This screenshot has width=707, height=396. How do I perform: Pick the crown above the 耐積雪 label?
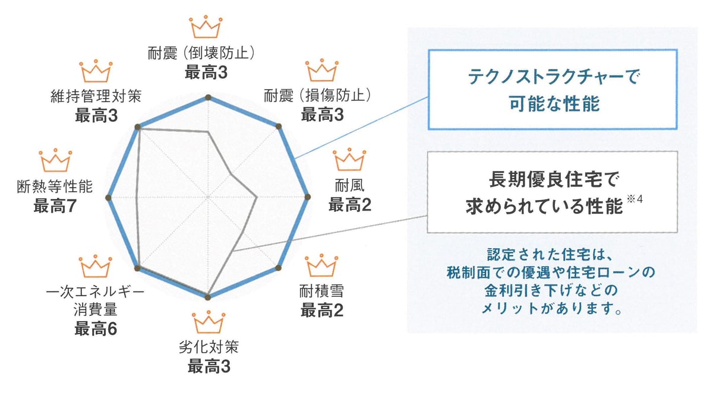click(321, 265)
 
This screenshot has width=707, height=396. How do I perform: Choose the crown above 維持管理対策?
click(96, 70)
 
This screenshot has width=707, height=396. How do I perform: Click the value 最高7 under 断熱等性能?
click(55, 207)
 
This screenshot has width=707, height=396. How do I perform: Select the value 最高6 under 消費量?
click(95, 329)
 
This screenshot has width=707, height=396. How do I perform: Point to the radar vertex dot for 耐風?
click(308, 197)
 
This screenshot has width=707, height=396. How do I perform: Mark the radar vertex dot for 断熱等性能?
click(109, 197)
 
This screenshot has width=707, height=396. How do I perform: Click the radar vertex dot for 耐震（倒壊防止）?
click(209, 97)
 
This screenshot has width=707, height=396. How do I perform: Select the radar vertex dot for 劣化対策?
click(209, 296)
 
